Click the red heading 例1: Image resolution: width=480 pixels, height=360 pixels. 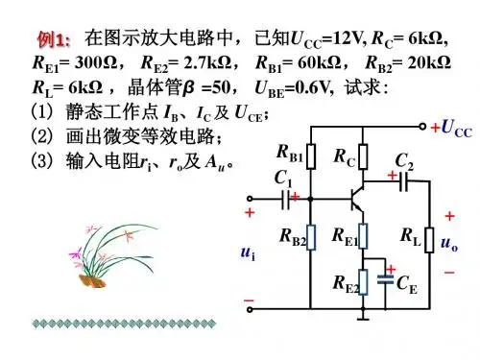(54, 39)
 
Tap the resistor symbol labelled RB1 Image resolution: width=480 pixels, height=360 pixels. (311, 156)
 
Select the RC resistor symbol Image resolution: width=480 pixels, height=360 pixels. (363, 156)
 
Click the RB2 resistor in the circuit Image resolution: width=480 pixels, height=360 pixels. (311, 237)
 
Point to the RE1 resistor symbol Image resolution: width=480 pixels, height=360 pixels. (363, 236)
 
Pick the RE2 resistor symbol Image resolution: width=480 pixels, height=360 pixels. (363, 282)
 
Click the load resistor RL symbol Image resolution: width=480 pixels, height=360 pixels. (429, 240)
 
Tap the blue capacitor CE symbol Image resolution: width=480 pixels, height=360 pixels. (385, 279)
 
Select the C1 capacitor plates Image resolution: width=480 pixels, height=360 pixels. (286, 200)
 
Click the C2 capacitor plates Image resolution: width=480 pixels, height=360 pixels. (403, 181)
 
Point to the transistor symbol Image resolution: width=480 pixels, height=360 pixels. (357, 199)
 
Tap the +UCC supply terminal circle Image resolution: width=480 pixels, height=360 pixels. (422, 127)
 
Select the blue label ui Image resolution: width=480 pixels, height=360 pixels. (249, 253)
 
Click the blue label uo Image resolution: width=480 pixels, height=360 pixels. (449, 243)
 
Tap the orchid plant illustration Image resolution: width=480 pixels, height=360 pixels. (113, 255)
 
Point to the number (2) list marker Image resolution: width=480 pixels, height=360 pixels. (41, 135)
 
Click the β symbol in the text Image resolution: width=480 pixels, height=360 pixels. (188, 87)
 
